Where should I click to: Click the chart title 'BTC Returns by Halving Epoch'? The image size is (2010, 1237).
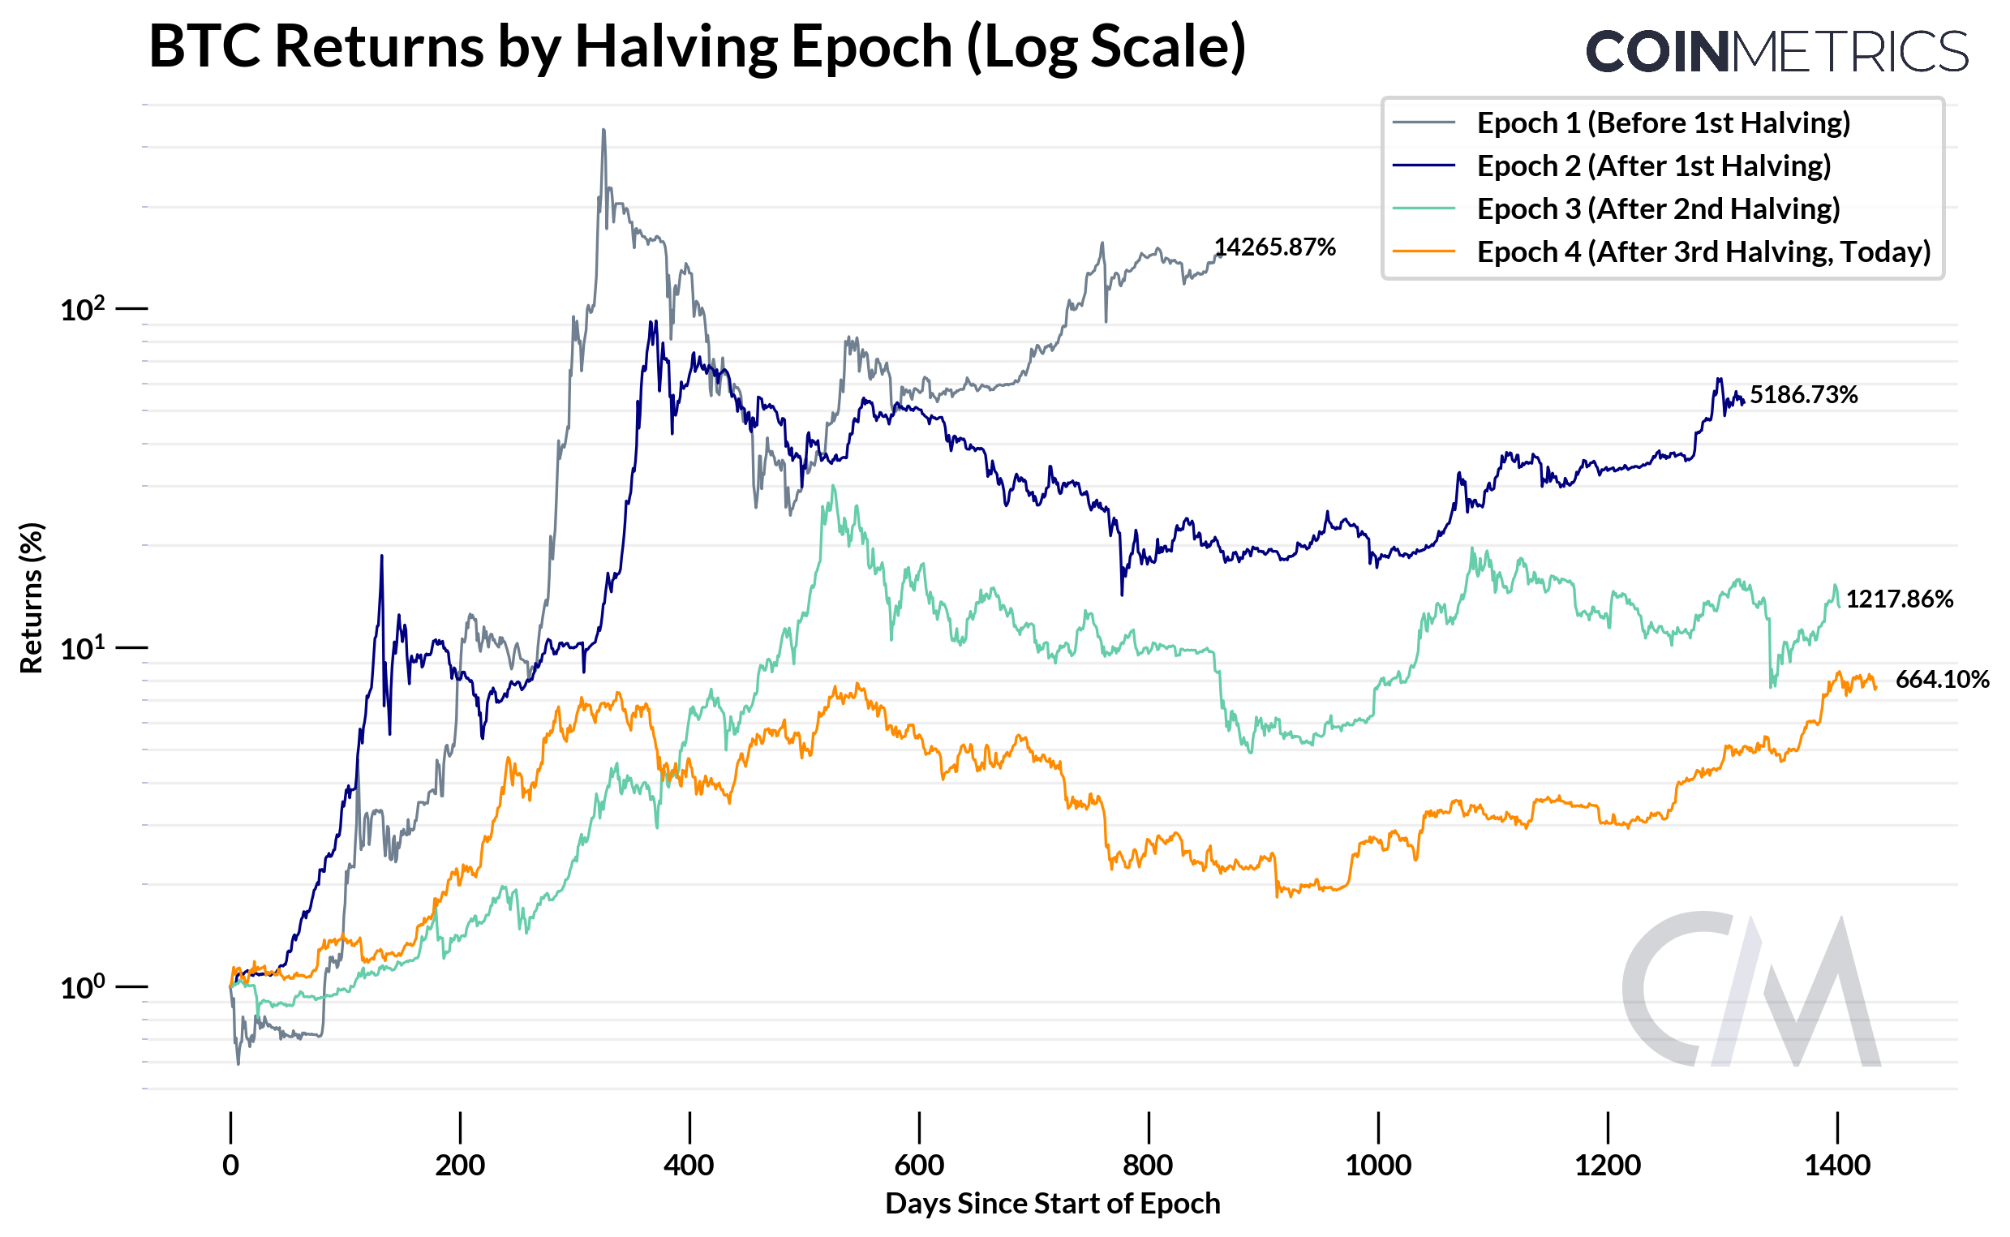click(696, 46)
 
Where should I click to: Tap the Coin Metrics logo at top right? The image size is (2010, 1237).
click(1776, 52)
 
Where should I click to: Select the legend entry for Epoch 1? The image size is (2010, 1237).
click(1661, 122)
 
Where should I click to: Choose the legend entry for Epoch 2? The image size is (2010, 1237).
click(1652, 166)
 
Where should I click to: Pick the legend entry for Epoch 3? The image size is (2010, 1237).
click(1657, 209)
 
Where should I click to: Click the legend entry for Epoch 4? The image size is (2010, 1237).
click(1703, 252)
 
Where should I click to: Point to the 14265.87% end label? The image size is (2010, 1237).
click(1273, 247)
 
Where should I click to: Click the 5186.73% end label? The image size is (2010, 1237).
click(1803, 395)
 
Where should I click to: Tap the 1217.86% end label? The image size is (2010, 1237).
click(1899, 599)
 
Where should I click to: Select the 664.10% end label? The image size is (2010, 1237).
click(1941, 680)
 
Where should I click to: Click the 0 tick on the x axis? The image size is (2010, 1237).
click(230, 1165)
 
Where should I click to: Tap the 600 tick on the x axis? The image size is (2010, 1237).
click(919, 1165)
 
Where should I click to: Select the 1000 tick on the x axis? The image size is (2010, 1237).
click(1377, 1165)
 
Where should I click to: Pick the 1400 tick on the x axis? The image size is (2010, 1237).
click(1836, 1165)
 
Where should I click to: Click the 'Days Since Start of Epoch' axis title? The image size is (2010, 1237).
click(1052, 1204)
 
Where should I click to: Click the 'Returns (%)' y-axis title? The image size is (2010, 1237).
click(31, 598)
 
